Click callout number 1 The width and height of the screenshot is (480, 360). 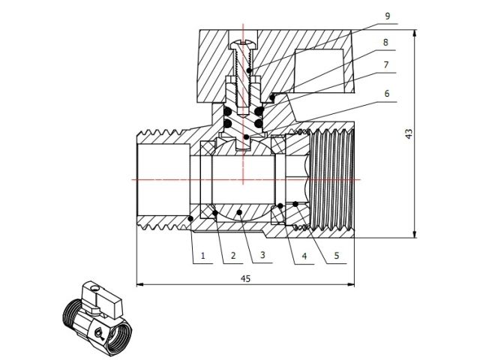click(202, 256)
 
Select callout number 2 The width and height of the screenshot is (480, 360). click(232, 256)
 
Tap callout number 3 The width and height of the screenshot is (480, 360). click(262, 256)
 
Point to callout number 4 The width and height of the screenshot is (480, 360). click(304, 256)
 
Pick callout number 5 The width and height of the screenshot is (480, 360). click(335, 256)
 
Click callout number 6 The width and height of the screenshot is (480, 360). click(385, 94)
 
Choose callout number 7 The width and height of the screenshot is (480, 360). click(385, 66)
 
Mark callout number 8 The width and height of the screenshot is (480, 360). click(385, 43)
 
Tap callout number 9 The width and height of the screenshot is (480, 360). click(385, 16)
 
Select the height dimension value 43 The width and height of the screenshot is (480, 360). click(409, 133)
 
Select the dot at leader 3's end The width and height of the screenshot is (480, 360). click(240, 214)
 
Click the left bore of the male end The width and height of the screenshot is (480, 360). click(161, 180)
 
